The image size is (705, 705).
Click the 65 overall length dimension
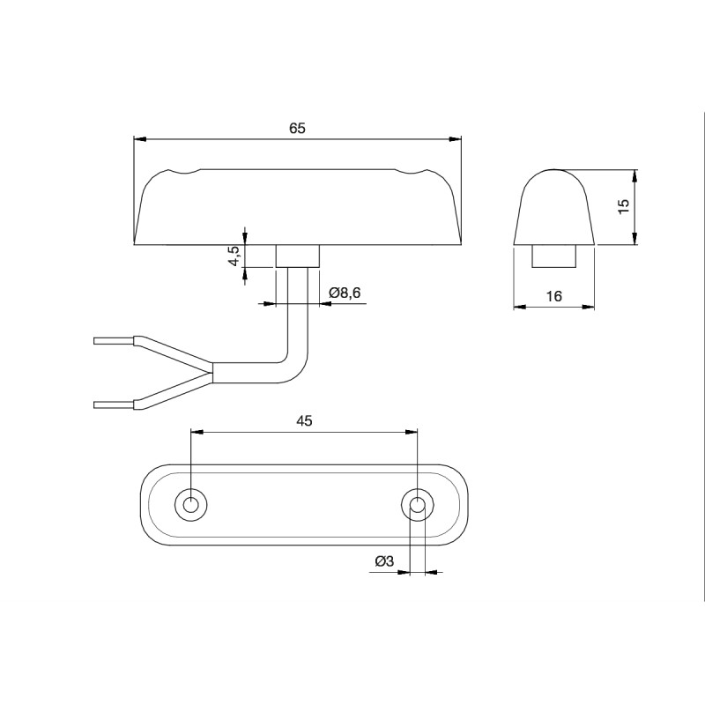pos(297,129)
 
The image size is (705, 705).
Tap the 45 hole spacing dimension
pos(304,421)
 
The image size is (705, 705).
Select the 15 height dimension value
pos(623,206)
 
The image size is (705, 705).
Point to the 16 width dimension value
pos(553,296)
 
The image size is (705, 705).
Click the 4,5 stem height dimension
pos(234,256)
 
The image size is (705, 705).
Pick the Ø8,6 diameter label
pos(345,293)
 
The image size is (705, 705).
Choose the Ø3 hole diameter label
pos(383,561)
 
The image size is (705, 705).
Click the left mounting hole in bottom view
pos(190,505)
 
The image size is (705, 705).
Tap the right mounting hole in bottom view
pos(417,505)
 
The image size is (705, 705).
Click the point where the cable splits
pos(212,371)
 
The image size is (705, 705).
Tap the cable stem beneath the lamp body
pos(298,256)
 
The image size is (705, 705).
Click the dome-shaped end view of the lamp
pos(554,207)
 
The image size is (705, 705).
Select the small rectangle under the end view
pos(554,256)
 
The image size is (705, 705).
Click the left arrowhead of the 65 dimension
pos(138,138)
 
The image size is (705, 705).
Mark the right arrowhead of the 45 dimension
pos(412,432)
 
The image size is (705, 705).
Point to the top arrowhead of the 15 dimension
pos(635,174)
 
